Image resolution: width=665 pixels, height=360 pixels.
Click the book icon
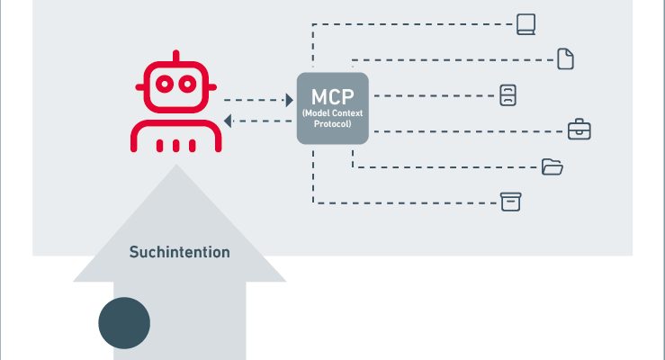[526, 23]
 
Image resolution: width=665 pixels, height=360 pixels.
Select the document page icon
[565, 59]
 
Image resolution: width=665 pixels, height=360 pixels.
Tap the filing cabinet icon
[508, 95]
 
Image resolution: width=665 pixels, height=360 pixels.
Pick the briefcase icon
[580, 130]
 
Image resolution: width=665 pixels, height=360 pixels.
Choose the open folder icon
[553, 166]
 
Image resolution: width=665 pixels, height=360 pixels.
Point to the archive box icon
[511, 201]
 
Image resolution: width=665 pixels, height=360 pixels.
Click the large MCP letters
[333, 96]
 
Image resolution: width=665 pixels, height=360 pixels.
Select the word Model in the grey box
[318, 112]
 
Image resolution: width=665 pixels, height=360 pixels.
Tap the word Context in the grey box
[347, 112]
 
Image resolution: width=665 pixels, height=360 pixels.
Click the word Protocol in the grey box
[333, 122]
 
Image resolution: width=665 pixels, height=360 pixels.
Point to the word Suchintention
[179, 252]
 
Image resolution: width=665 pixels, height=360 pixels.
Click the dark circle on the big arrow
[124, 322]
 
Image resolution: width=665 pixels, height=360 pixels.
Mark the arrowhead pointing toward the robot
[229, 121]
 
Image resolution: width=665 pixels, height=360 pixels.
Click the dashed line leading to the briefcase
[468, 131]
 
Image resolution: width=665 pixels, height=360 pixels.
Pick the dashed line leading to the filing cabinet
[432, 95]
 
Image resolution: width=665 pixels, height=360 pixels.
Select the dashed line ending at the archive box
[405, 202]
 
